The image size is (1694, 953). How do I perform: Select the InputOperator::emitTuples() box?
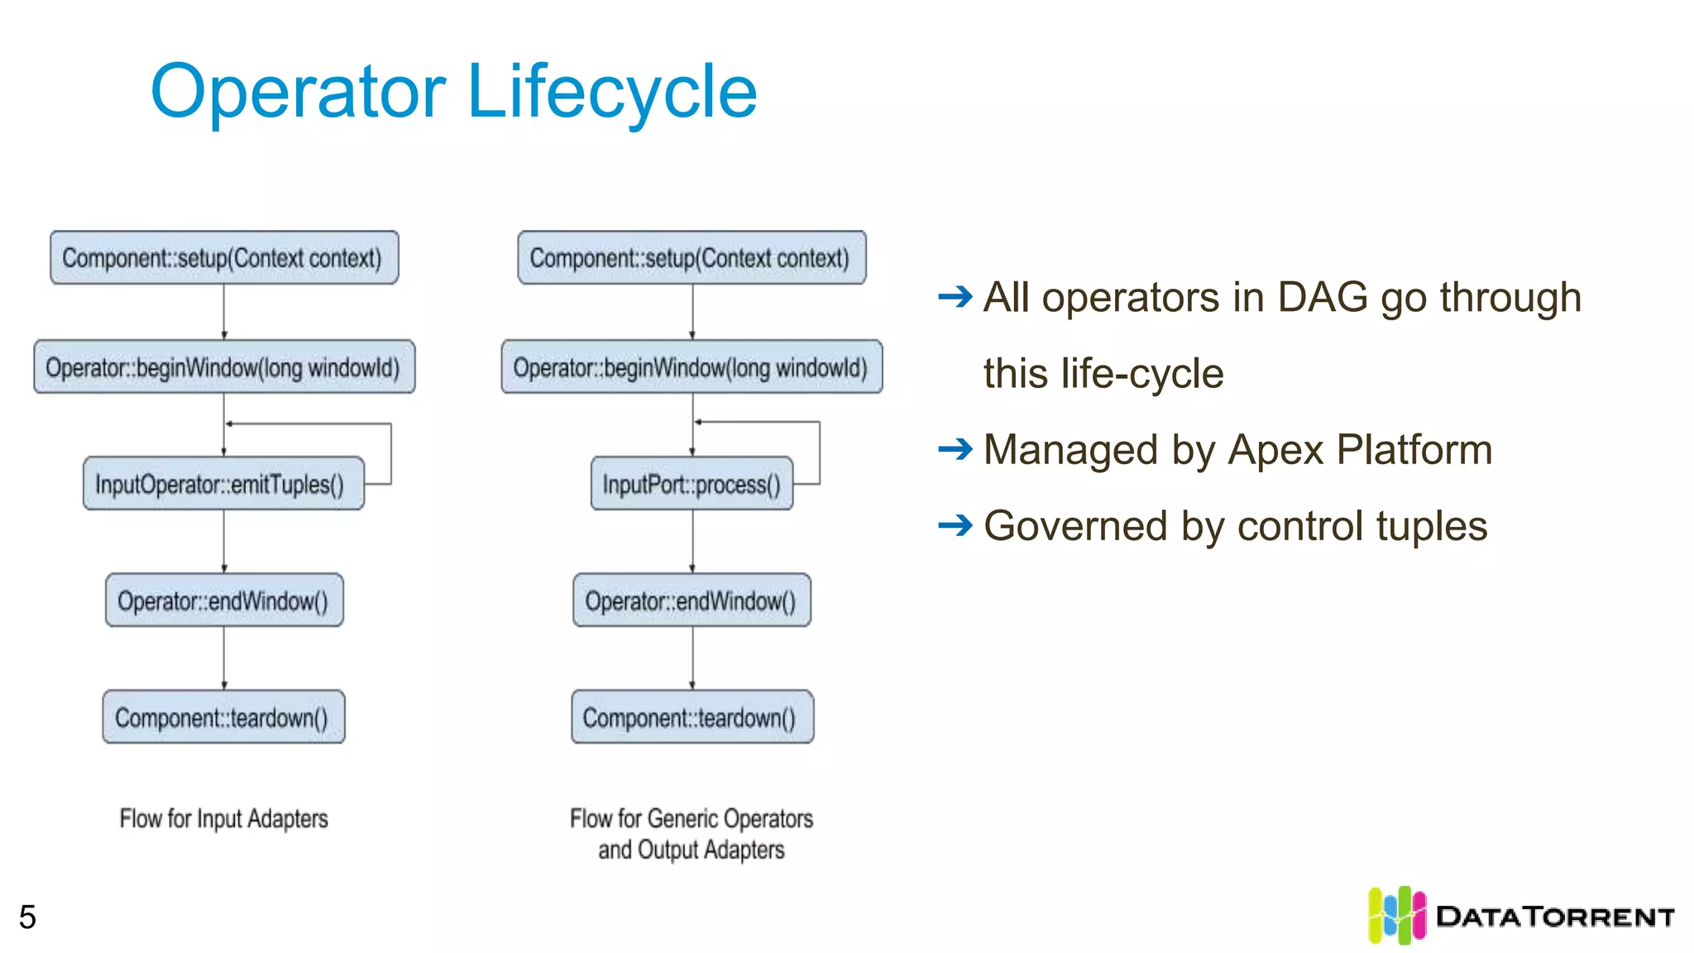click(223, 484)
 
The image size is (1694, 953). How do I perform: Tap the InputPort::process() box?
click(691, 484)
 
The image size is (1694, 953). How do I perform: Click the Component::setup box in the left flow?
click(223, 258)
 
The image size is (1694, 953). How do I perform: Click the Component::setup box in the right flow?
click(691, 258)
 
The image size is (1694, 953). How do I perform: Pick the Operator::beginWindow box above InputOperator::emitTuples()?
click(223, 366)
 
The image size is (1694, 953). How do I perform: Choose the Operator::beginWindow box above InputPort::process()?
click(691, 366)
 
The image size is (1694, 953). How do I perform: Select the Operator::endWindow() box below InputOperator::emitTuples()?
click(223, 601)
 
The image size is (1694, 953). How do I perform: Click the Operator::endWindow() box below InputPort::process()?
click(691, 601)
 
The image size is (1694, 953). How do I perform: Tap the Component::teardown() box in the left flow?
click(223, 717)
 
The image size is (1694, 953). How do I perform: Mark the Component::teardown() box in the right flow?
click(691, 717)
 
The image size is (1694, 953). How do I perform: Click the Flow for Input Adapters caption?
click(223, 819)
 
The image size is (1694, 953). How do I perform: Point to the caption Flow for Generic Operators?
click(691, 819)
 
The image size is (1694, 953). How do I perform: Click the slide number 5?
click(27, 917)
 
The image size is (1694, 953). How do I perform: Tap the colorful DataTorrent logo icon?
click(1396, 915)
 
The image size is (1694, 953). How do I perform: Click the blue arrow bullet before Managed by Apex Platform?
click(955, 449)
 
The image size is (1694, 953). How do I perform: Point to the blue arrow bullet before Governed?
click(955, 524)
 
